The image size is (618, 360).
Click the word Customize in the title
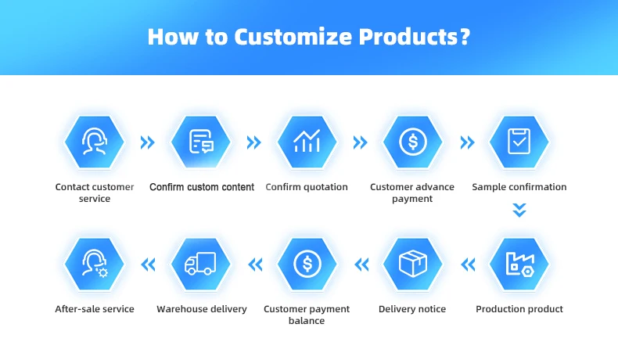(x=293, y=37)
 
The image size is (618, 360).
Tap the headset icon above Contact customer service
(x=95, y=141)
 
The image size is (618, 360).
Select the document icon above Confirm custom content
(x=201, y=141)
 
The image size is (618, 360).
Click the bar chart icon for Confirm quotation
(x=307, y=141)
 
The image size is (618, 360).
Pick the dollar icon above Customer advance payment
(x=413, y=142)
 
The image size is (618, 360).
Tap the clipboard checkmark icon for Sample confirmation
(x=519, y=141)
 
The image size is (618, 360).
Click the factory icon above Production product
(x=520, y=265)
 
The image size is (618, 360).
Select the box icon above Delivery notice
(x=413, y=264)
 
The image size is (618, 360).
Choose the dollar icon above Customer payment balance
(x=307, y=264)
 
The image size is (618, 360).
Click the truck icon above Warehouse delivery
(x=200, y=264)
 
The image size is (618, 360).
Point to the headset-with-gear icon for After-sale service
(x=95, y=264)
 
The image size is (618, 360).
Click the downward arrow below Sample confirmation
(x=519, y=211)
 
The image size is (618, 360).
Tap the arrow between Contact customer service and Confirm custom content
(x=147, y=142)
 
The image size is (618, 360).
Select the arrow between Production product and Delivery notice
(x=468, y=265)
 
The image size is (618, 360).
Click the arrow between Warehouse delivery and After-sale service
(x=148, y=265)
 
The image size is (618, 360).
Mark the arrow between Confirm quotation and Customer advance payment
(x=360, y=142)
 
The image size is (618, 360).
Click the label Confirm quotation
(x=307, y=187)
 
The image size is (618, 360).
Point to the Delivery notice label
(x=412, y=309)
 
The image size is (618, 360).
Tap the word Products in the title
(x=415, y=37)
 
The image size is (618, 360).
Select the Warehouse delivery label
(x=202, y=309)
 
